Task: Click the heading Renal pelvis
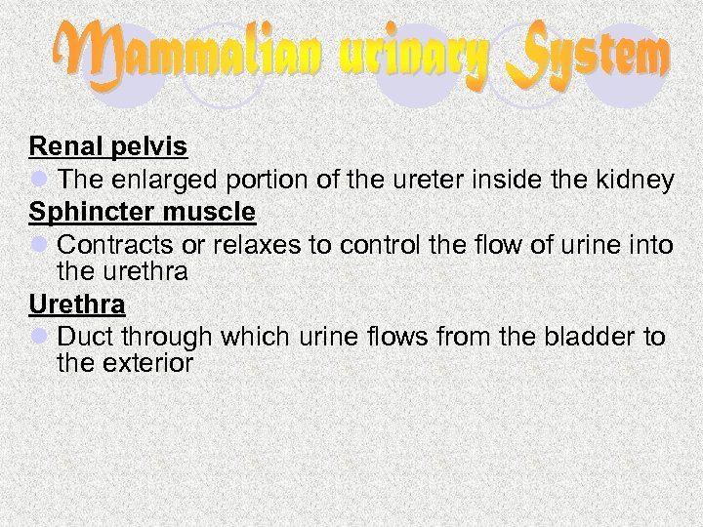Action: (x=108, y=147)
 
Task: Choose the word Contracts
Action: (x=116, y=244)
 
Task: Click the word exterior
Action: (x=147, y=363)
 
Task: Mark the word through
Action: (x=163, y=337)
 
